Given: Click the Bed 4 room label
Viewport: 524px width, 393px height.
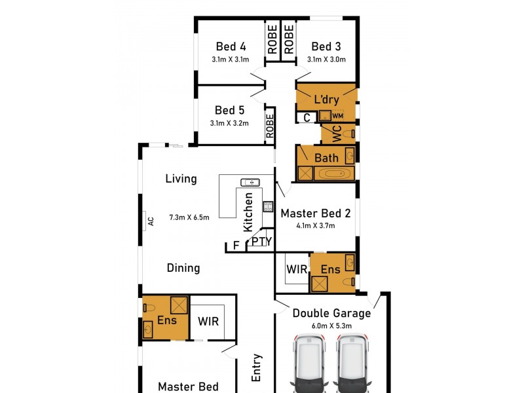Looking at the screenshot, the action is (x=231, y=47).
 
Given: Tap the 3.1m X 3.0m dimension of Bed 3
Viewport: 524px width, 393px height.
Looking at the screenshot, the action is (x=326, y=60).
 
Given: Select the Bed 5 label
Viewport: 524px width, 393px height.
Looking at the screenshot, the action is (x=230, y=110).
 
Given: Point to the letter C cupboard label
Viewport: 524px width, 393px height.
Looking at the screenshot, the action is (x=307, y=118).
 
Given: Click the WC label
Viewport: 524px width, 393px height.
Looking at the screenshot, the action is (x=337, y=134).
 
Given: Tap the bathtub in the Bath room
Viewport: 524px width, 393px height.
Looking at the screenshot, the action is (x=333, y=174).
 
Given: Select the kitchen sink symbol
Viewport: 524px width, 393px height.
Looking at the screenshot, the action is (x=250, y=183).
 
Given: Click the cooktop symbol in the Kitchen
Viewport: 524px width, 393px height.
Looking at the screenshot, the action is (x=268, y=206).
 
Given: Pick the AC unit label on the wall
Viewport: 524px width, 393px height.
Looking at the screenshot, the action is (x=151, y=221).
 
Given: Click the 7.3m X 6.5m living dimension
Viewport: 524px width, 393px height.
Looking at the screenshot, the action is (x=189, y=217).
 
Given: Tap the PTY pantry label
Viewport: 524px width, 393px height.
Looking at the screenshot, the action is (x=262, y=241).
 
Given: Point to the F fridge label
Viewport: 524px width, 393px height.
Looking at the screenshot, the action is (x=236, y=246).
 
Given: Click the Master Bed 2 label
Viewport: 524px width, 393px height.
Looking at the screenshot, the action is (x=316, y=214).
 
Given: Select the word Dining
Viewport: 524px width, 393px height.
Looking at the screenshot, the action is (x=183, y=268).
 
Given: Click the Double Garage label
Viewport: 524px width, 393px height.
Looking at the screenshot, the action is (x=332, y=313).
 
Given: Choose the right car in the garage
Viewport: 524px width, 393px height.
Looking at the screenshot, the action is (x=352, y=363).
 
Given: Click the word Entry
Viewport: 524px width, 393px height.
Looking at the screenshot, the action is (x=256, y=368).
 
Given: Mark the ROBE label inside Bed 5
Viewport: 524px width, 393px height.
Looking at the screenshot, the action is (x=270, y=126).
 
